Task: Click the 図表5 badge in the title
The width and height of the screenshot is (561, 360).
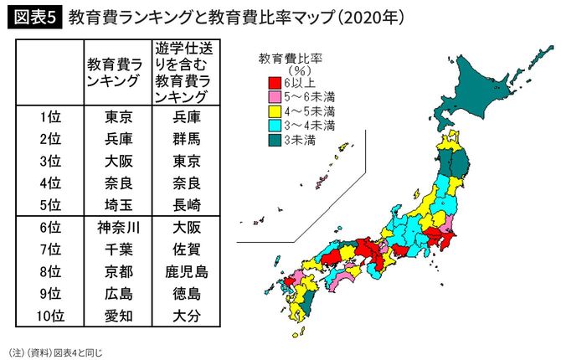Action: (33, 16)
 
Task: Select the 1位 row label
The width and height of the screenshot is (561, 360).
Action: (49, 117)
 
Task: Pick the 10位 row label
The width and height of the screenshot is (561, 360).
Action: (49, 316)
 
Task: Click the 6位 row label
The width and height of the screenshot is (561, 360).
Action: (49, 228)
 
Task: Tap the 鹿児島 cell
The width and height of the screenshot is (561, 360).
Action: (183, 271)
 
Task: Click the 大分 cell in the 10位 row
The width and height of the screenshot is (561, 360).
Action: (183, 316)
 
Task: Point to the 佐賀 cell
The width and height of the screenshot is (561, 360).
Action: (183, 249)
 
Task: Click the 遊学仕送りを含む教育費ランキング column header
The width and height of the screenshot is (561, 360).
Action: (183, 71)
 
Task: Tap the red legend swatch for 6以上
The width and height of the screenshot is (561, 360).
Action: (272, 83)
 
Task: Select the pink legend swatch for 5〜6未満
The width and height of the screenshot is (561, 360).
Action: (272, 96)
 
